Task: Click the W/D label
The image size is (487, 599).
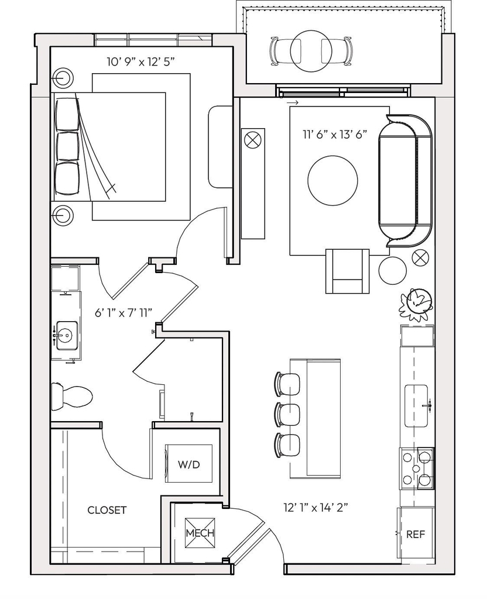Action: point(189,464)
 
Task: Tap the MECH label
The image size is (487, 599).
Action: point(200,533)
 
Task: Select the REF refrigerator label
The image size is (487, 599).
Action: point(416,534)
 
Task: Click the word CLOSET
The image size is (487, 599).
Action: point(107,510)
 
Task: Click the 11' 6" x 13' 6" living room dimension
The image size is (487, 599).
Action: point(334,135)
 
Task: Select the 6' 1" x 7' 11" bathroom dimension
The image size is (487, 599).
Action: point(124,314)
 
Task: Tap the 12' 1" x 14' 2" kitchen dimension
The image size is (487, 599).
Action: point(315,508)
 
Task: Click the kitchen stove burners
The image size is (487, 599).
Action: point(417,469)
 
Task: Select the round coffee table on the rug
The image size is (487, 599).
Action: point(332,180)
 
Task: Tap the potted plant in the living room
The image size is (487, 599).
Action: point(415,304)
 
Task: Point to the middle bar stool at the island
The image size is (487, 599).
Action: point(287,414)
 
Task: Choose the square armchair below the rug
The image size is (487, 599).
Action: point(348,271)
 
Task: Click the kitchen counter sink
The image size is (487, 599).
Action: point(416,406)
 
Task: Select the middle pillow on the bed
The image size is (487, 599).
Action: point(67,146)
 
